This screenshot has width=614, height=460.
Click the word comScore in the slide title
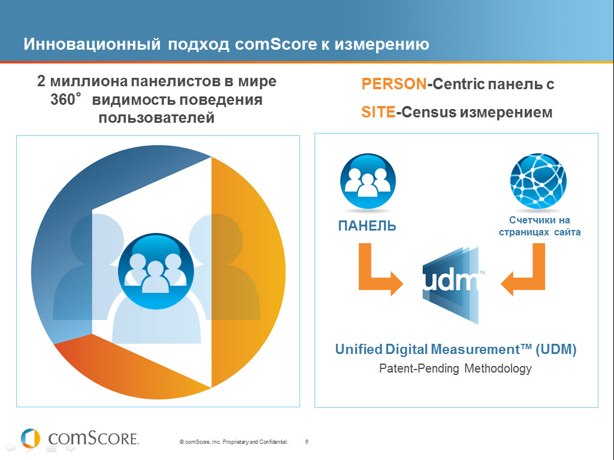click(x=276, y=44)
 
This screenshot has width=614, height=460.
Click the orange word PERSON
click(x=394, y=84)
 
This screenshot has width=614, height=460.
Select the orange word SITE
click(x=378, y=113)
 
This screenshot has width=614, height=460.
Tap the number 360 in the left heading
click(x=63, y=99)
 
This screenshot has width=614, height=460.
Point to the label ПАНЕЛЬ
click(x=367, y=226)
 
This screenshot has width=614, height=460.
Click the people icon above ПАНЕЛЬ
click(x=368, y=181)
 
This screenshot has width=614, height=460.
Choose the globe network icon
click(x=539, y=180)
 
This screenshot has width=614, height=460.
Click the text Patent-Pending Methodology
click(x=455, y=368)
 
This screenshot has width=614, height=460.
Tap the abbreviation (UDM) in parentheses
click(x=556, y=349)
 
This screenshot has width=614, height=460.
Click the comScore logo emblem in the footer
click(x=31, y=438)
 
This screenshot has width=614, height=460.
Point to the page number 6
click(x=307, y=441)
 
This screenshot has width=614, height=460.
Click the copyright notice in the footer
click(x=234, y=442)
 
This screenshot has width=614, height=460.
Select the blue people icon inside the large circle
click(x=156, y=271)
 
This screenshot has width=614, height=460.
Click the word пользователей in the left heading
click(x=156, y=117)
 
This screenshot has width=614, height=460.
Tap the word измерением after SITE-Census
click(x=506, y=113)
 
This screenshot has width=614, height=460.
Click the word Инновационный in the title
click(x=92, y=44)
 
